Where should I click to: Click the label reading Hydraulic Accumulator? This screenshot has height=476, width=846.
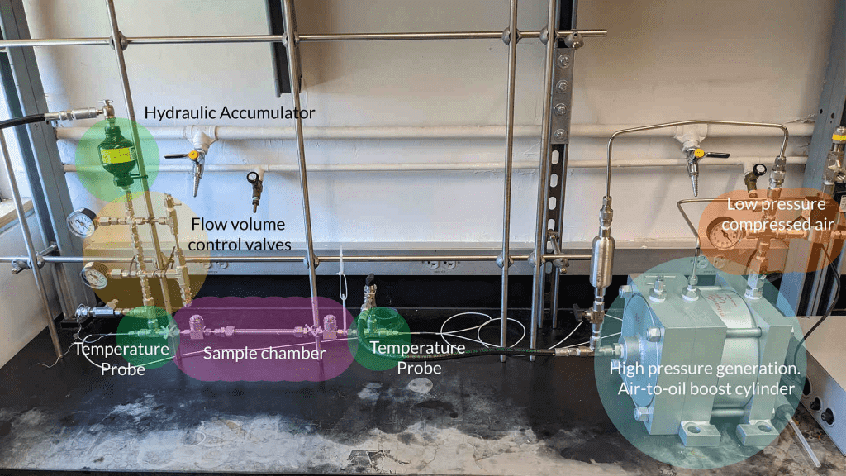tap(230, 112)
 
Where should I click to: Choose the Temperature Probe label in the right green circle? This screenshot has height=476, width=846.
tap(416, 357)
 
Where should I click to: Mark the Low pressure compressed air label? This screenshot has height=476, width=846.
tap(776, 212)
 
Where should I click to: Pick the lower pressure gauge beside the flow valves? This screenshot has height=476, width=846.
tap(94, 276)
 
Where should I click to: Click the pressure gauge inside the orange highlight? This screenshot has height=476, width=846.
tap(724, 235)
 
